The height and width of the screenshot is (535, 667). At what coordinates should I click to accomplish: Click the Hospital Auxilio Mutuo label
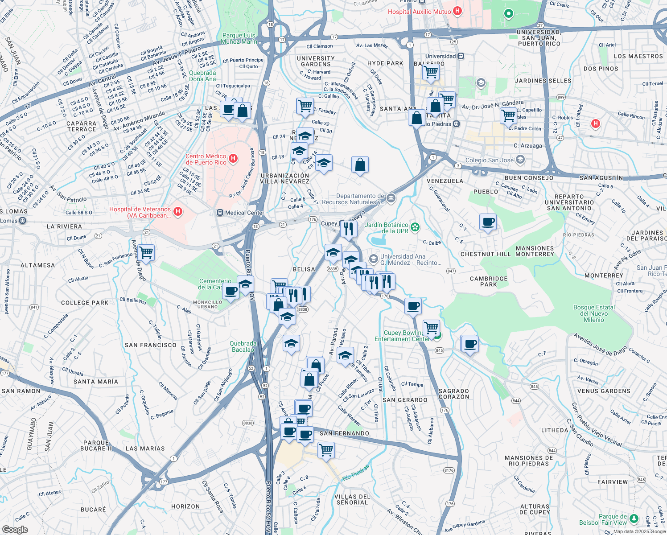click(419, 12)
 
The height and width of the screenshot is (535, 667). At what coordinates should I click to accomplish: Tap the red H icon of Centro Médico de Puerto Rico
click(233, 159)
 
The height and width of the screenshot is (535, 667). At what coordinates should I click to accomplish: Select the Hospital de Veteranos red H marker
click(178, 211)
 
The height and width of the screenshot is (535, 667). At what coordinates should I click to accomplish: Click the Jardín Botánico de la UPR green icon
click(415, 227)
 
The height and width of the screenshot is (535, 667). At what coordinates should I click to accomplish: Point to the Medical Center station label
click(244, 213)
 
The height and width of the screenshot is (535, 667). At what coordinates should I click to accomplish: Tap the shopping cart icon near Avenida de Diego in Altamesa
click(146, 253)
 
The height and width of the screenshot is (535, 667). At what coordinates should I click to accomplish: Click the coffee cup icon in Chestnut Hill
click(488, 222)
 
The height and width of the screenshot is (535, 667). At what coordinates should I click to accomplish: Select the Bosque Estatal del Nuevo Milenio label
click(594, 313)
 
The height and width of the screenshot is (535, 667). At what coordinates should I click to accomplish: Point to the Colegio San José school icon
click(519, 160)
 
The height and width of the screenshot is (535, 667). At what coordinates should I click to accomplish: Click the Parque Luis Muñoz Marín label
click(239, 38)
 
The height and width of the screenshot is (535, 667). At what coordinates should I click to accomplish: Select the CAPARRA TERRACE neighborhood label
click(82, 126)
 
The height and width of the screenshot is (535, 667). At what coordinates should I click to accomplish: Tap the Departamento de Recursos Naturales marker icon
click(391, 198)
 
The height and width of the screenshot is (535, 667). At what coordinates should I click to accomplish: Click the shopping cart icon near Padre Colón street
click(508, 115)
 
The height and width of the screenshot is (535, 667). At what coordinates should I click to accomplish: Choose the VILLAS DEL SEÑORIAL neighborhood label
click(352, 499)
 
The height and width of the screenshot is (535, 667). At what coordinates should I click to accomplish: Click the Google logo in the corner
click(15, 529)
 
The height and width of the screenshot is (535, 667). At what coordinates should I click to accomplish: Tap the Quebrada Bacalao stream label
click(243, 346)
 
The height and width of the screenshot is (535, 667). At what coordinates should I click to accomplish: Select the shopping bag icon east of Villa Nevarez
click(360, 165)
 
